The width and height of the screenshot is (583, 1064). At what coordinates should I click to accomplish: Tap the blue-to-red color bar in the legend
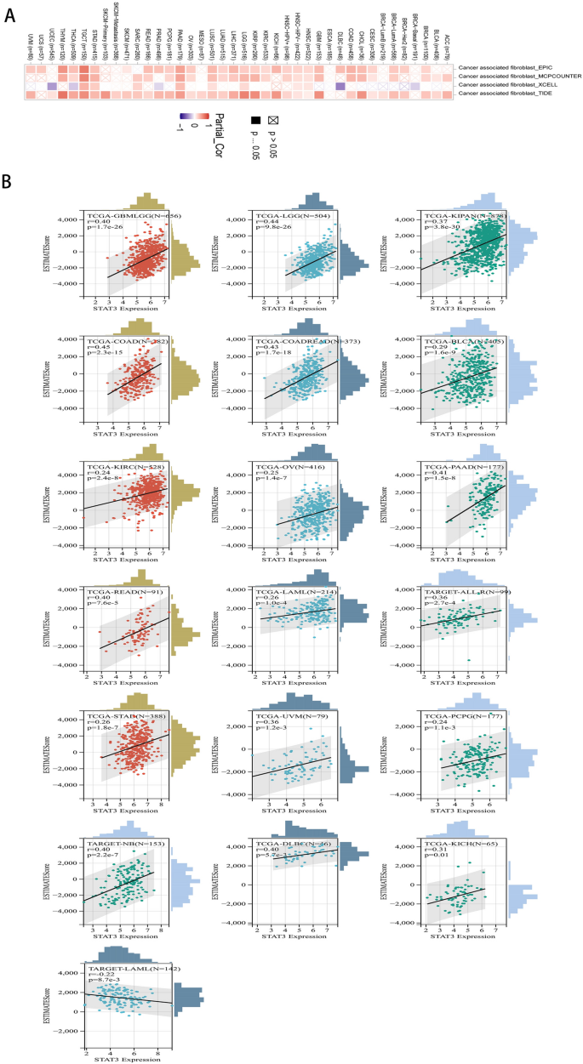tap(197, 116)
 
